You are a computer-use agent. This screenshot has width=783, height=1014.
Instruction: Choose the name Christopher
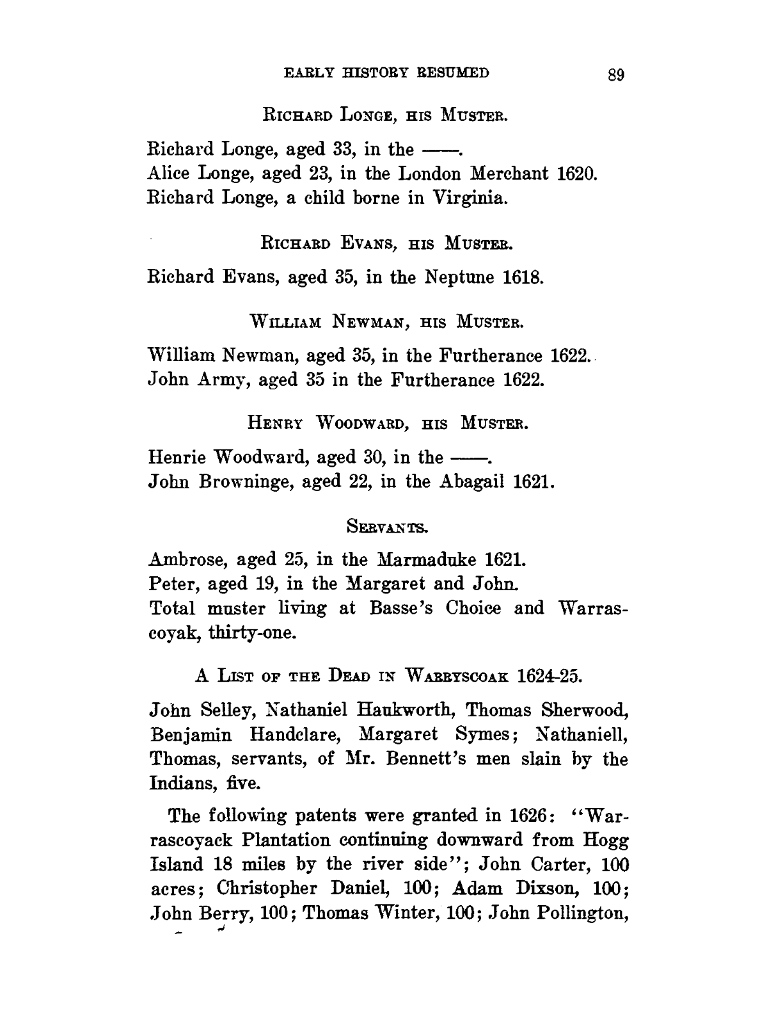[x=269, y=889]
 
